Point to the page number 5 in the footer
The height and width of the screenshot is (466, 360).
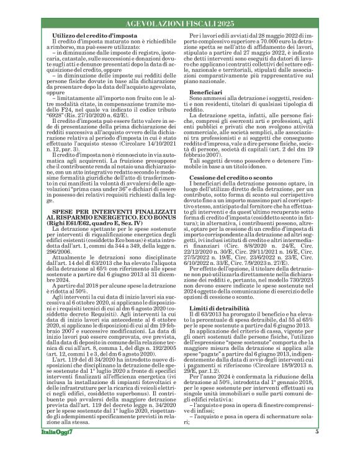tap(317, 449)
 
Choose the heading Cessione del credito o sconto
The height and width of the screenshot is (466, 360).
tap(231, 160)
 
